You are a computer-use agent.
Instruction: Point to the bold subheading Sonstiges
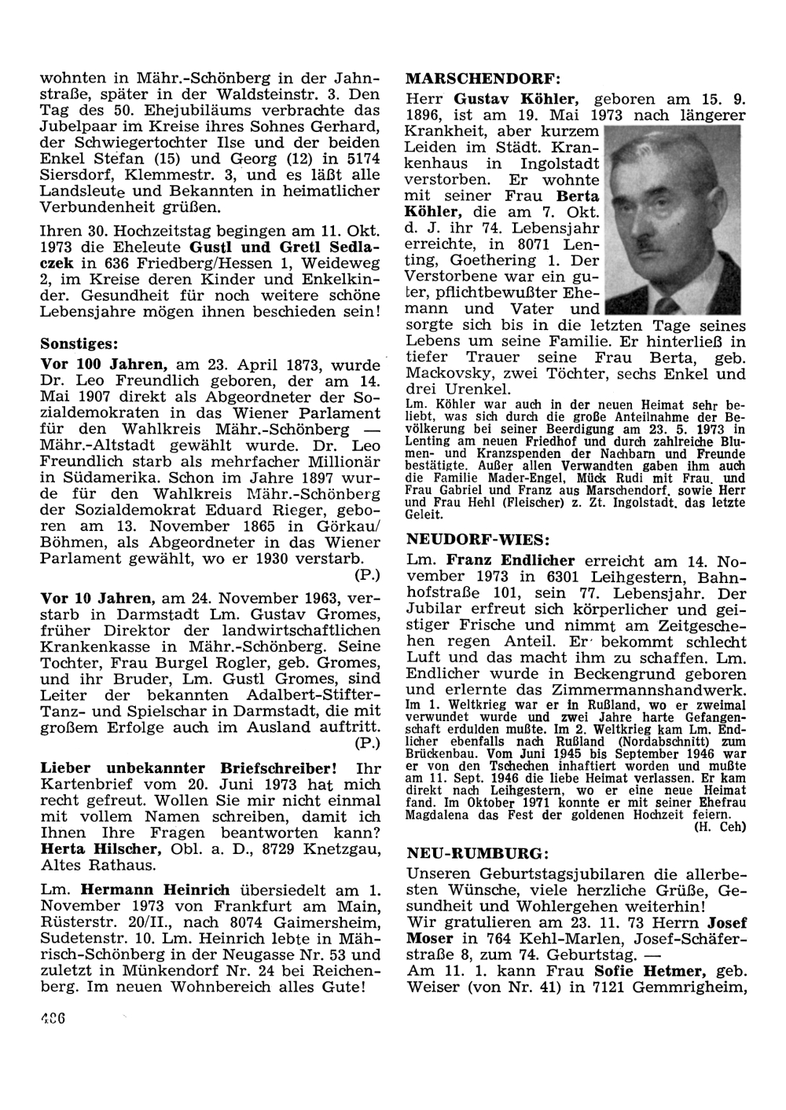click(79, 344)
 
